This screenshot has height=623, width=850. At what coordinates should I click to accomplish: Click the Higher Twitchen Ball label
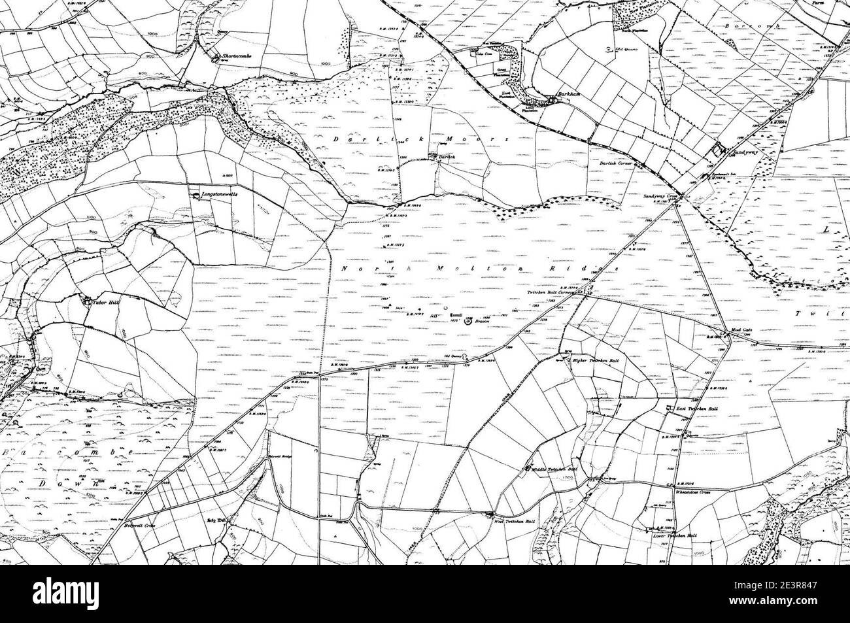[x=595, y=361]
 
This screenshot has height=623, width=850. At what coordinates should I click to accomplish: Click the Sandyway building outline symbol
[x=720, y=150]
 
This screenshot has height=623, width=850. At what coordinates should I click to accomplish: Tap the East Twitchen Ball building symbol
[x=669, y=409]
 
